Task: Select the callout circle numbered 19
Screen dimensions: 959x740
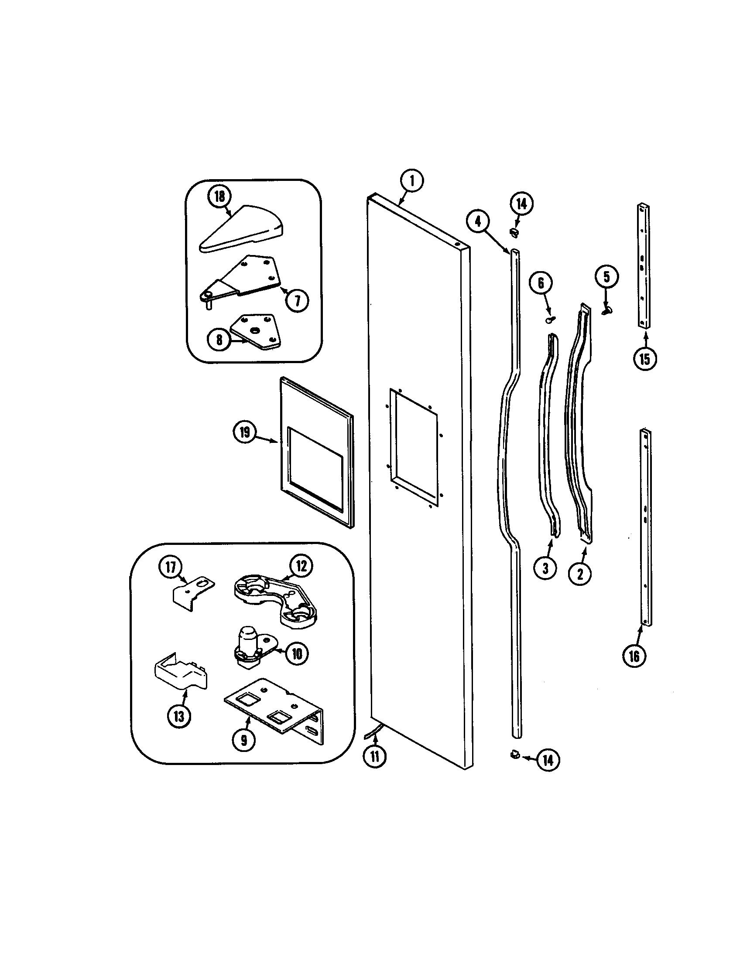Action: coord(244,432)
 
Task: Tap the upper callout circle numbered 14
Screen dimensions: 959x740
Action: coord(521,204)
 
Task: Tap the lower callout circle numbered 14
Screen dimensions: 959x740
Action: coord(548,760)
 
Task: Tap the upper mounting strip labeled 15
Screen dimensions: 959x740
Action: coord(644,265)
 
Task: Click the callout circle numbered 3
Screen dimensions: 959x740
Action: coord(545,568)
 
